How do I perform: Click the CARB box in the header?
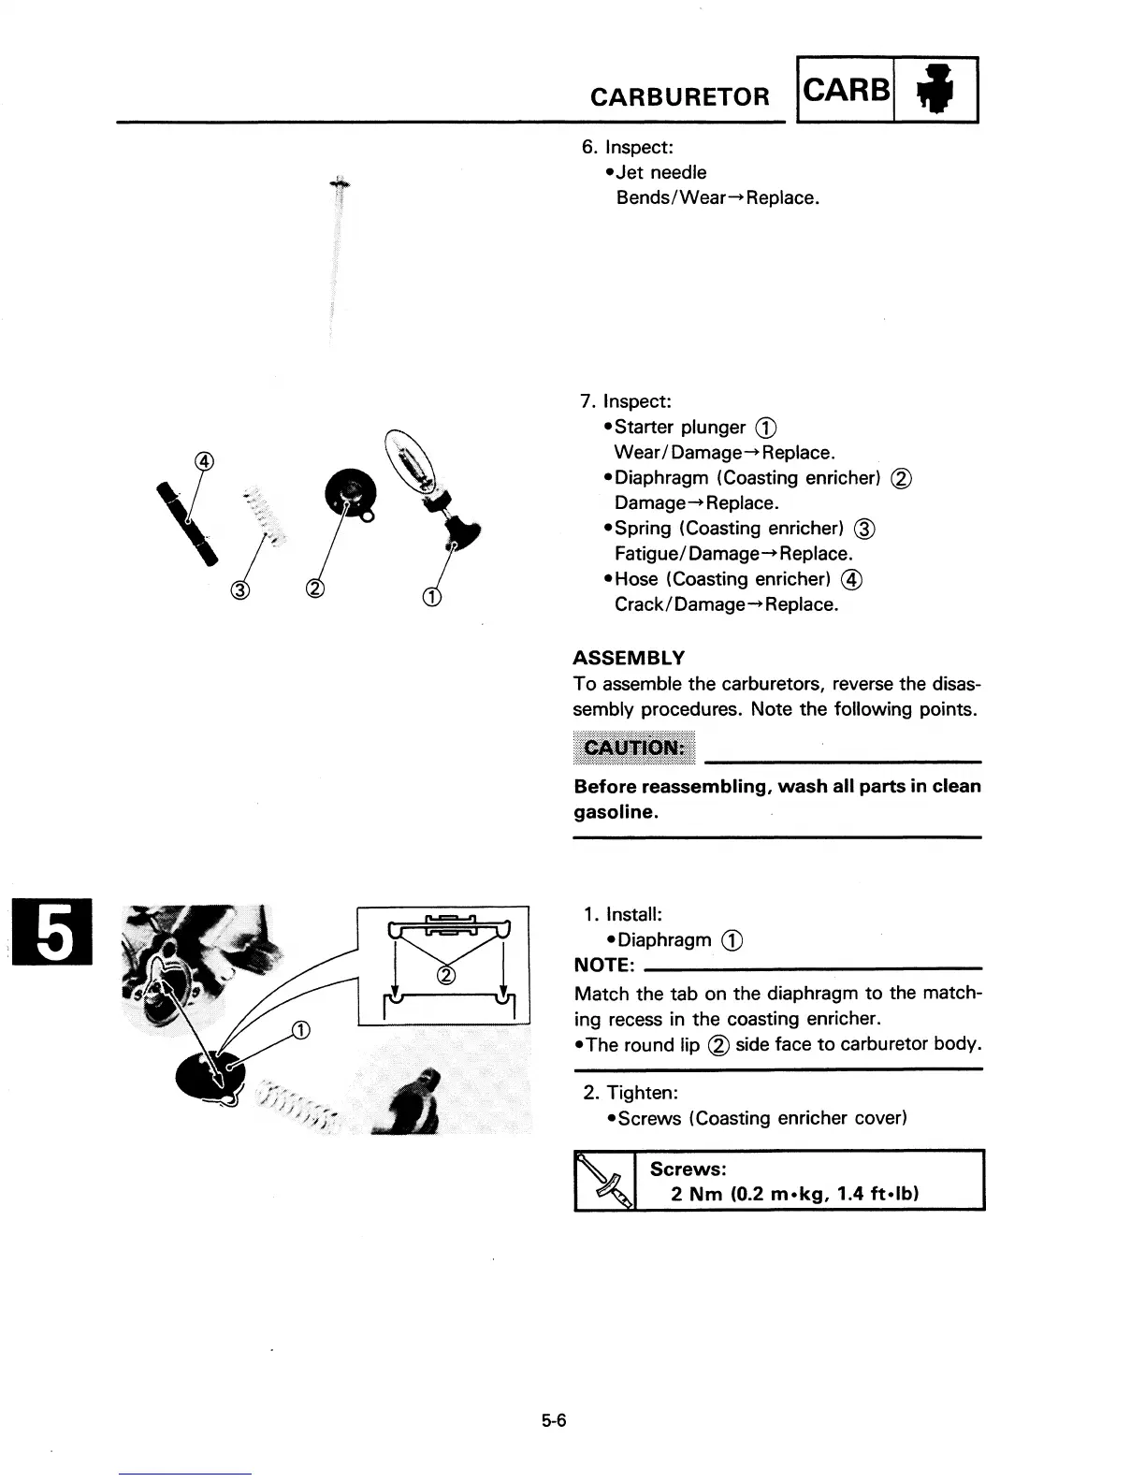point(847,90)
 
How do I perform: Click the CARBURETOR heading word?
point(680,97)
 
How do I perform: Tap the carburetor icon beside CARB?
point(936,90)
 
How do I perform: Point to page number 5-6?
point(554,1421)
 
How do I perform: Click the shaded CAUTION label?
point(634,747)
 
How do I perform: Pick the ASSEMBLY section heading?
point(629,657)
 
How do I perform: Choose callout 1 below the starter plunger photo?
point(432,596)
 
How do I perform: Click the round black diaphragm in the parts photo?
point(349,492)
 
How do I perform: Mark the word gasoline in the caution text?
point(616,811)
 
